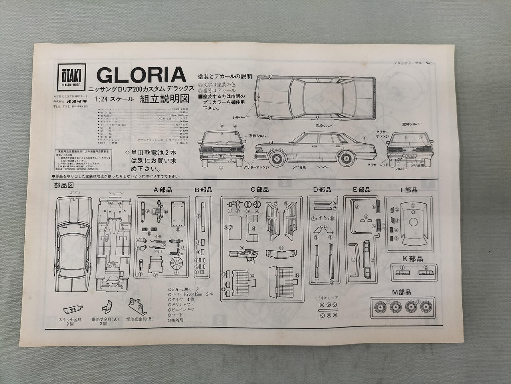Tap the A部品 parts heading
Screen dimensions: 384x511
162,190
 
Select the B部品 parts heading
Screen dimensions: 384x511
203,190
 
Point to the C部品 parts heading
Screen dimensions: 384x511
259,190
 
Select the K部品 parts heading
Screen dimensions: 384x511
412,258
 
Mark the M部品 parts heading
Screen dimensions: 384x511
401,292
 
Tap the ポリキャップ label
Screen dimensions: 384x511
326,298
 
